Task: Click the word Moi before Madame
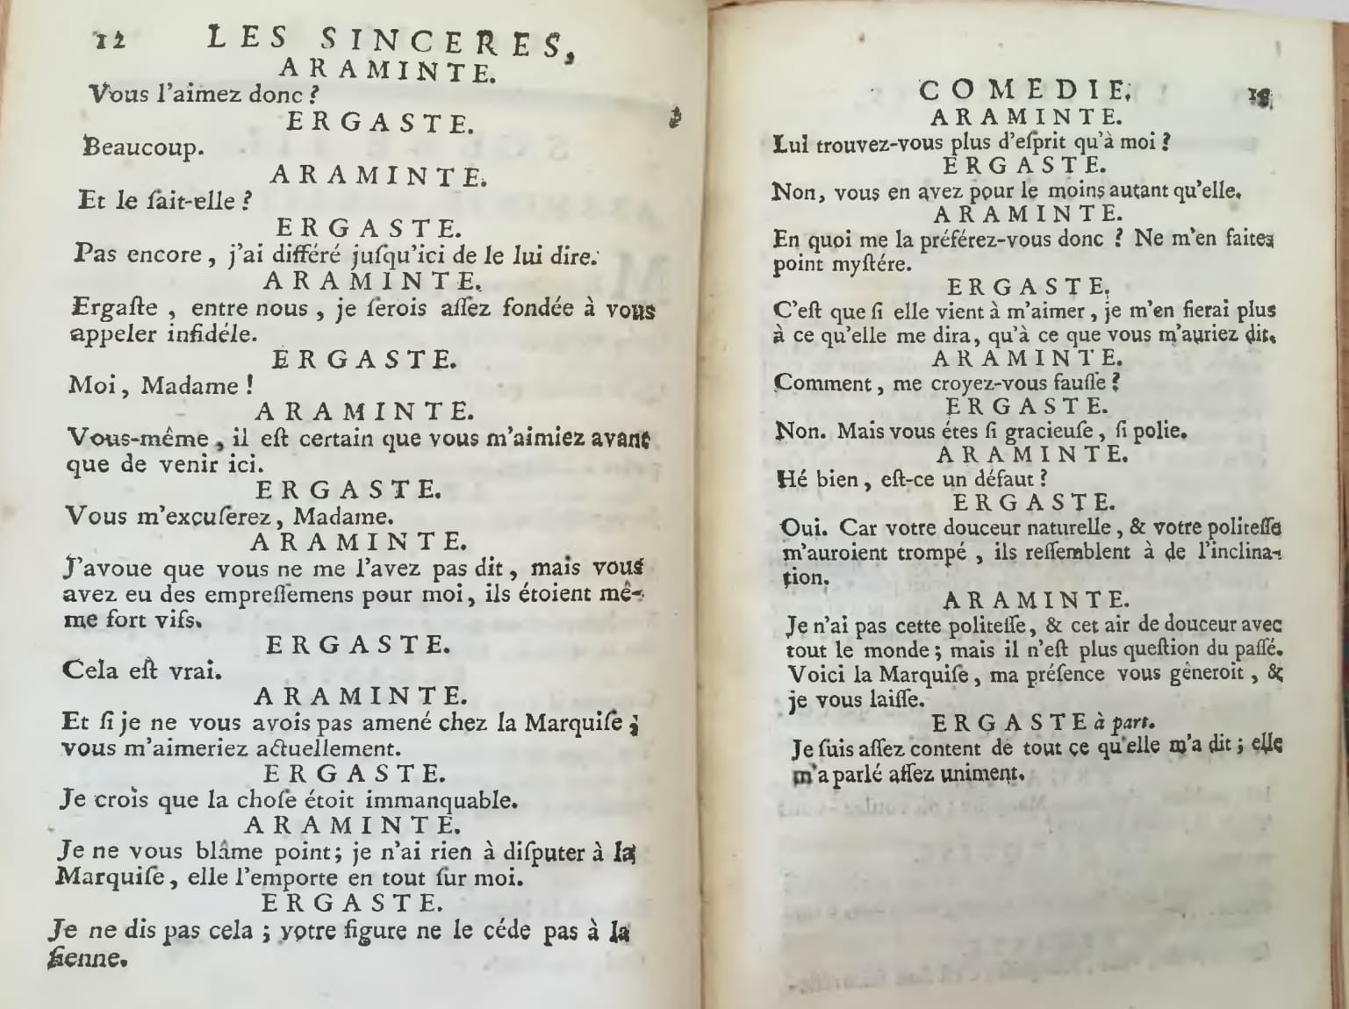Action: [91, 385]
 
